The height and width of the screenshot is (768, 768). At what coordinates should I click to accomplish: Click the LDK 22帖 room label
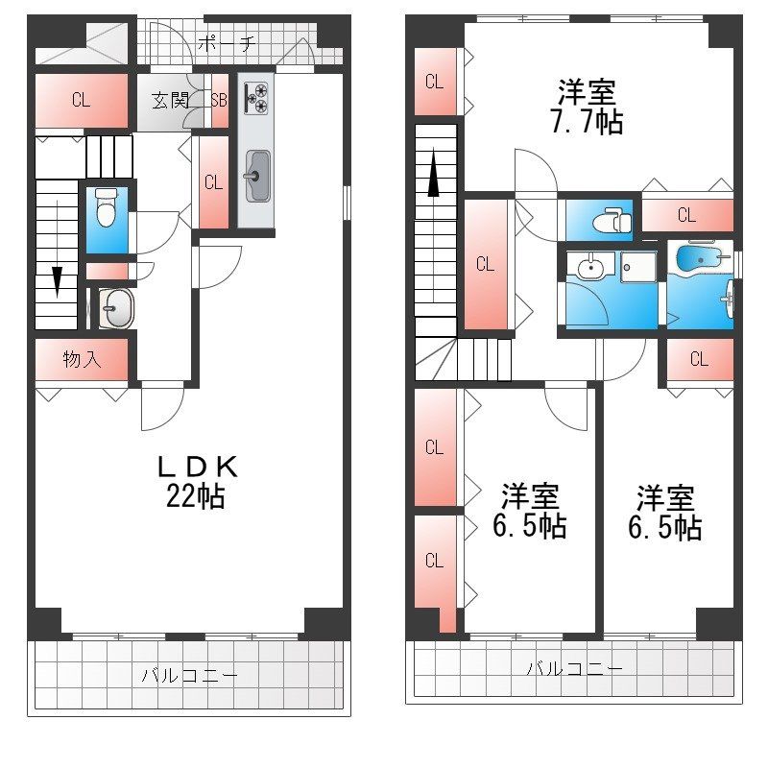pos(197,480)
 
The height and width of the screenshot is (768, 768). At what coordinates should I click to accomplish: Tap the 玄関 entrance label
pos(169,100)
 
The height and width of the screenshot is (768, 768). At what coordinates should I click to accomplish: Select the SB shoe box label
pos(219,100)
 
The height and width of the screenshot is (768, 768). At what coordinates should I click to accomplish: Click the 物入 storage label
pos(82,360)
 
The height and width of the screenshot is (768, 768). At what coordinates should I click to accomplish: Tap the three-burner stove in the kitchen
pos(256,97)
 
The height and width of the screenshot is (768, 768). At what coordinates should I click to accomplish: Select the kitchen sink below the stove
pos(256,177)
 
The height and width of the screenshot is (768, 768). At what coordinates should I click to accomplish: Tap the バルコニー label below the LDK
pos(189,676)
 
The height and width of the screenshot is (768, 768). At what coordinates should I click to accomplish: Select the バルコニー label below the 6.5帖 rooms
pos(573,668)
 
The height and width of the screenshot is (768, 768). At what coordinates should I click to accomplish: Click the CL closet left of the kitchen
pos(213,182)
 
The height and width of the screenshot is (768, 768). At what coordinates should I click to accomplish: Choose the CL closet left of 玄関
pos(82,100)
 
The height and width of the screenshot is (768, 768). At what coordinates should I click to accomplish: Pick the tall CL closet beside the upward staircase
pos(485,264)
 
